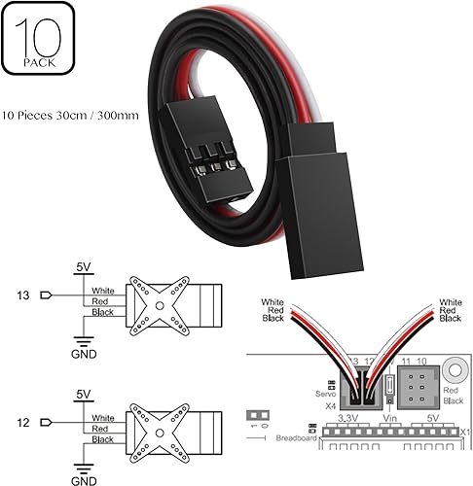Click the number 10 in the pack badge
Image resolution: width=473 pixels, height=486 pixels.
[40, 38]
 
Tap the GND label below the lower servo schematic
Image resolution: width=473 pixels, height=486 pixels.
[84, 480]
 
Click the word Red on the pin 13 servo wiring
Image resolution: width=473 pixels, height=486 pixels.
[97, 300]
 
